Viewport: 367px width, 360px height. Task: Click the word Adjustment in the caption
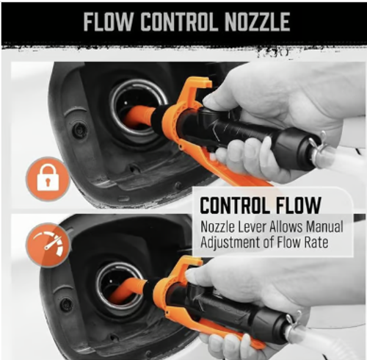tap(231, 242)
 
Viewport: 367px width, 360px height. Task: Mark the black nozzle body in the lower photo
tap(235, 309)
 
